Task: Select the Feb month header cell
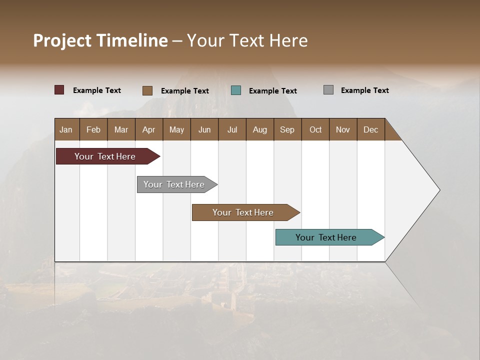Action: point(93,129)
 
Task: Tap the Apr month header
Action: point(149,129)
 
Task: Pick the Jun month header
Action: point(204,129)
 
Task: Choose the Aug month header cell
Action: point(260,129)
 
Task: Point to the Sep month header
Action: point(287,129)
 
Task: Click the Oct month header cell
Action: point(315,129)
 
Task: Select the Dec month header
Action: point(371,129)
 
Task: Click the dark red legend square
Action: point(59,90)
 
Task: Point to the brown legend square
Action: point(147,90)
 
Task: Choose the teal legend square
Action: point(236,90)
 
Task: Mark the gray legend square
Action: point(328,90)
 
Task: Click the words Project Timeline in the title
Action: point(100,40)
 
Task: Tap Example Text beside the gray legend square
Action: point(365,90)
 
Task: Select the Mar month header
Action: point(121,129)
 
